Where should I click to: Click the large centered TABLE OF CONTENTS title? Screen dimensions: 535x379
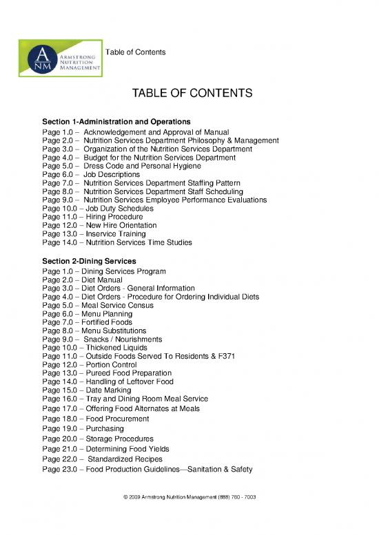click(188, 93)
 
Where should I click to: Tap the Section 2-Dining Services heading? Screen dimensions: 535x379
click(89, 262)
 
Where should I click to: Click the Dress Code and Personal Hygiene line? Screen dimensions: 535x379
click(131, 166)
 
